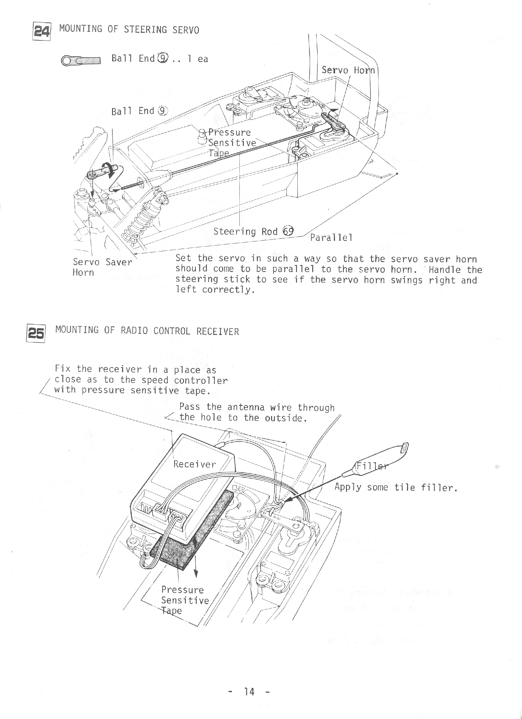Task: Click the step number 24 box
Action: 42,31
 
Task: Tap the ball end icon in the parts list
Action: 81,61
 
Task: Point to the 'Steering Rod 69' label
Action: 253,231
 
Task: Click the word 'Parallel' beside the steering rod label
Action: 331,238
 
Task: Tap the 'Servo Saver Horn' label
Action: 102,267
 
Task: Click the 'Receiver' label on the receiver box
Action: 194,464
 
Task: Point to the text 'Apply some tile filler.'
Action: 396,487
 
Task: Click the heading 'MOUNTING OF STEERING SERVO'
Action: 129,30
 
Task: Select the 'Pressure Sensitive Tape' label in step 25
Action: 185,600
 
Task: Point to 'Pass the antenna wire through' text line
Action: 257,407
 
